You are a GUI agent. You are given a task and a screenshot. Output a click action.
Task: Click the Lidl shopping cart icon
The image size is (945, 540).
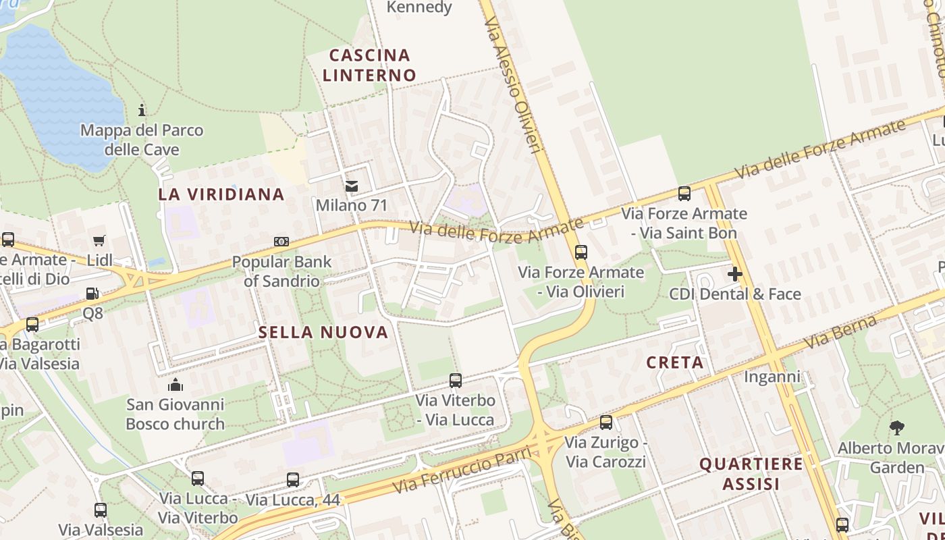(x=99, y=240)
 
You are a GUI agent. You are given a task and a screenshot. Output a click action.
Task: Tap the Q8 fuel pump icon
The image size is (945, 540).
(x=92, y=294)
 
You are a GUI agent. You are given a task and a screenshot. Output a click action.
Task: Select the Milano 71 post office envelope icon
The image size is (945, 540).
(x=351, y=186)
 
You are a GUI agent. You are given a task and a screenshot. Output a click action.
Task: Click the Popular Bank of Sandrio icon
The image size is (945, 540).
(x=281, y=242)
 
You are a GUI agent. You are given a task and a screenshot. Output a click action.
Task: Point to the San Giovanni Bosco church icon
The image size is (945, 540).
(x=175, y=385)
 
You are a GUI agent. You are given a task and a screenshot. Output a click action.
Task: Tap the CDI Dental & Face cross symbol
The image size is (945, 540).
(x=735, y=274)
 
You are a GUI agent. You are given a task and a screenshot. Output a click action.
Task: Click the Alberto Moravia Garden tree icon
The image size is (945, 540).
(x=897, y=427)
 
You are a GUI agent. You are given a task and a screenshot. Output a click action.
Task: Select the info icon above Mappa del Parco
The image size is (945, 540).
(x=142, y=110)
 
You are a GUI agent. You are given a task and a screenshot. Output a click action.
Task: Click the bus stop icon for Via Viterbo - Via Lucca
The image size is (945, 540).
(x=456, y=381)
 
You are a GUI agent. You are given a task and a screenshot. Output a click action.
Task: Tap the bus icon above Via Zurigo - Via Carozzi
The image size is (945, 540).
(x=606, y=423)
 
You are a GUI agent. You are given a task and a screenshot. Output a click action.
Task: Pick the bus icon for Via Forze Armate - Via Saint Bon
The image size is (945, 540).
(x=684, y=194)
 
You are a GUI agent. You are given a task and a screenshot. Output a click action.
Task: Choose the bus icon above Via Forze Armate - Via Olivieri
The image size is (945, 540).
(x=581, y=252)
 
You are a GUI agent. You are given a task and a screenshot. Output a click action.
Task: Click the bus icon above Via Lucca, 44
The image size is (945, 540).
(x=293, y=480)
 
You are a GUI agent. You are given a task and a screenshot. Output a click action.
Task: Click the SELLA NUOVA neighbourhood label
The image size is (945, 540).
(x=324, y=332)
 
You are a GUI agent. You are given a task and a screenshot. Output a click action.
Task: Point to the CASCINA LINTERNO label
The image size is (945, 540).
(x=369, y=65)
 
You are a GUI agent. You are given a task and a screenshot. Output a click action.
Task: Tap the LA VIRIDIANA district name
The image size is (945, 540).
(x=221, y=194)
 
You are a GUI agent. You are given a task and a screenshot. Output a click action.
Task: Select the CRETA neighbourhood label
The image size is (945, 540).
(x=675, y=362)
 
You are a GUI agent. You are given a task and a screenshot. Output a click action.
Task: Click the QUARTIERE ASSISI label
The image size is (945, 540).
(x=751, y=474)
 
